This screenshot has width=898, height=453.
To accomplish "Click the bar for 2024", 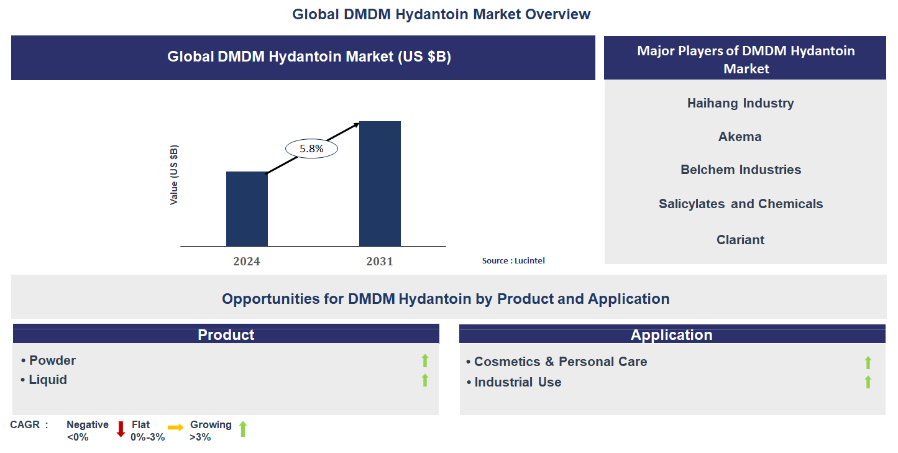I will coord(247,209).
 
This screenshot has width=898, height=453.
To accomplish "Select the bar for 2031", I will coord(380,184).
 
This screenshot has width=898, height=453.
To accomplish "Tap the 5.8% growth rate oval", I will coord(311,149).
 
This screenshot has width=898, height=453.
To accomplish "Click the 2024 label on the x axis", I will coord(247,262).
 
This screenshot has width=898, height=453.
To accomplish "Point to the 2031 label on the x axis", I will coord(379,262).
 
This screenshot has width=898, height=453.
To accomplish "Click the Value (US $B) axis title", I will coord(174,175).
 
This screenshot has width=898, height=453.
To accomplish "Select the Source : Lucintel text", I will coord(513,261).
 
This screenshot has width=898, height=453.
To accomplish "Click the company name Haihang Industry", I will coord(740,103).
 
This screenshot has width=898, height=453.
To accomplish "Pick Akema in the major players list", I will coord(740,137).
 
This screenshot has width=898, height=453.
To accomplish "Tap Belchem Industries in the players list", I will coord(741,170).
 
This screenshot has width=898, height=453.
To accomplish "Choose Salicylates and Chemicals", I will coord(741,204).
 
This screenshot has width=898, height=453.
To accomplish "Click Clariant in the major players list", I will coord(740,240).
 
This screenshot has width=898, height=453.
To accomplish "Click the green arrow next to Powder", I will coord(425,360).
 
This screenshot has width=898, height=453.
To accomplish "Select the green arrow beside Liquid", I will coord(425,380).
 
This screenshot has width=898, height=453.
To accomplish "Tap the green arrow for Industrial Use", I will coord(868,382).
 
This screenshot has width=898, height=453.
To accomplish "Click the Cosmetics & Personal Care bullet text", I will coord(560,362).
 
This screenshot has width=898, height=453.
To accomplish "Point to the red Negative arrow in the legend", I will coord(121,429).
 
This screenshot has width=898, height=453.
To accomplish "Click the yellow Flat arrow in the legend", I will coord(176,428).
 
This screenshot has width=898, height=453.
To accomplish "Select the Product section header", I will coord(226,335).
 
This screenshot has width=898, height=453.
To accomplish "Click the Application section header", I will coord(671,335).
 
